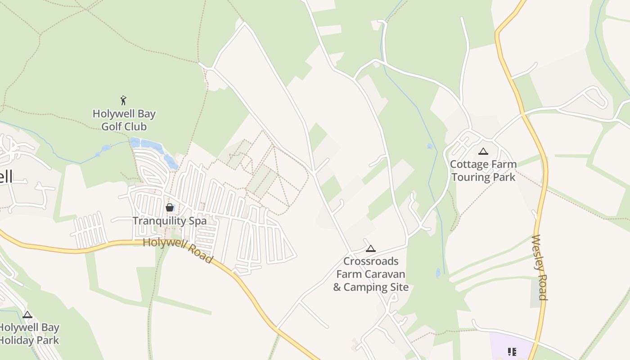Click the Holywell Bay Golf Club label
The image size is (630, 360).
[x=124, y=120]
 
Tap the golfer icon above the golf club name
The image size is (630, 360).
[x=123, y=100]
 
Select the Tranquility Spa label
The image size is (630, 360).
[x=169, y=221]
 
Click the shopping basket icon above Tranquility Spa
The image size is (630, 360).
[x=169, y=207]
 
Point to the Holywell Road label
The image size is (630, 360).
[x=178, y=250]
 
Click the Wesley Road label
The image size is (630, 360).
[x=539, y=267]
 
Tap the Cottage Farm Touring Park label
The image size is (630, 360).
[x=483, y=171]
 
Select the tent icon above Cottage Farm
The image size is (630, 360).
[x=483, y=152]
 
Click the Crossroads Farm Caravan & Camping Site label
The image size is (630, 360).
[x=370, y=274]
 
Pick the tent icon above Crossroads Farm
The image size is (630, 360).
[x=370, y=248]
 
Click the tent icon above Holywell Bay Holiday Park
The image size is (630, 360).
[x=27, y=315]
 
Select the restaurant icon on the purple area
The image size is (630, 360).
[x=512, y=351]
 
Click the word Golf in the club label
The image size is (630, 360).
[x=111, y=126]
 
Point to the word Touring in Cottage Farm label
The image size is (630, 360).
[x=472, y=177]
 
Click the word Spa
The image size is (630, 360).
[x=198, y=221]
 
